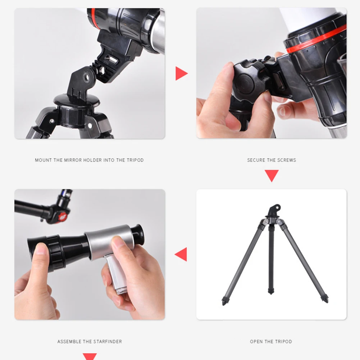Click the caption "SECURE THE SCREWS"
click(272, 160)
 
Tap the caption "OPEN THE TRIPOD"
click(271, 341)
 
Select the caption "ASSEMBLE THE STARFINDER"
click(90, 341)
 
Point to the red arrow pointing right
click(181, 73)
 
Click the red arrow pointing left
click(181, 254)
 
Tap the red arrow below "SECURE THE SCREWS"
click(272, 176)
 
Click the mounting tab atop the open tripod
click(275, 209)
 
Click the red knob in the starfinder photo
click(63, 216)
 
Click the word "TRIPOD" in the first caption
click(135, 160)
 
